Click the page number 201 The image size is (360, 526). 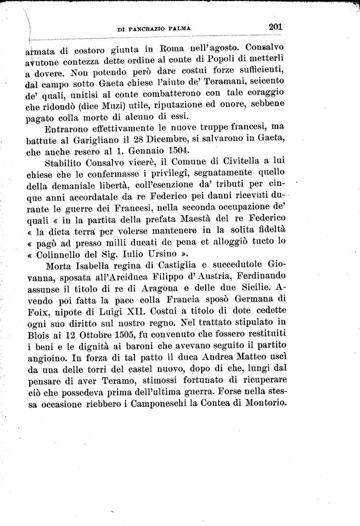pyautogui.click(x=276, y=26)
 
